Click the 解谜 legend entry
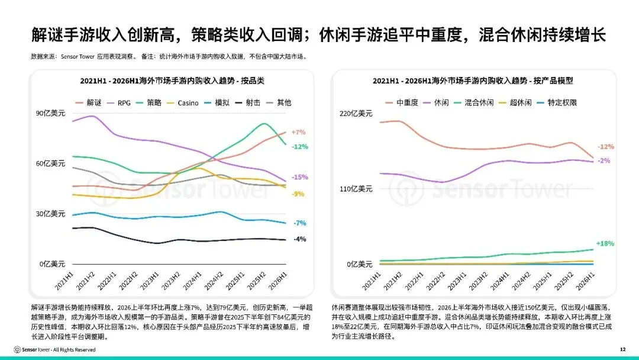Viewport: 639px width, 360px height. [88, 103]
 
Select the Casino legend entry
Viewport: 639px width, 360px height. [183, 103]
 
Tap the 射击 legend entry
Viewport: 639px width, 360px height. [248, 103]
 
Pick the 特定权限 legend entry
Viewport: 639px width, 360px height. [557, 103]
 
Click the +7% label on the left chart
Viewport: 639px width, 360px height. [298, 132]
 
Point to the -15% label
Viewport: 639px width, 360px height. [299, 178]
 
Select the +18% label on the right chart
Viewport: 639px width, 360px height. [605, 243]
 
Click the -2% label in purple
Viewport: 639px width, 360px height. [604, 160]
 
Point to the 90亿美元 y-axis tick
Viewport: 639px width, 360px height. [50, 113]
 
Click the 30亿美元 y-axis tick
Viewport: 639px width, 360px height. [50, 214]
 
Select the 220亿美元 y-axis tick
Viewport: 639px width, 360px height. [356, 113]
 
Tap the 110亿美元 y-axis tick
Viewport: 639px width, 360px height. [356, 189]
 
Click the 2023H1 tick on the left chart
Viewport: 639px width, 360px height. [150, 281]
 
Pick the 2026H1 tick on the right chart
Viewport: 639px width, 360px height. [585, 281]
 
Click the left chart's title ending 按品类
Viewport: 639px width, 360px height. [172, 81]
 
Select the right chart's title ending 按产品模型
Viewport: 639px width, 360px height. [473, 81]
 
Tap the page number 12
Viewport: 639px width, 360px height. [622, 349]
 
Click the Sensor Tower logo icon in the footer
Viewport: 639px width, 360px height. [17, 349]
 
